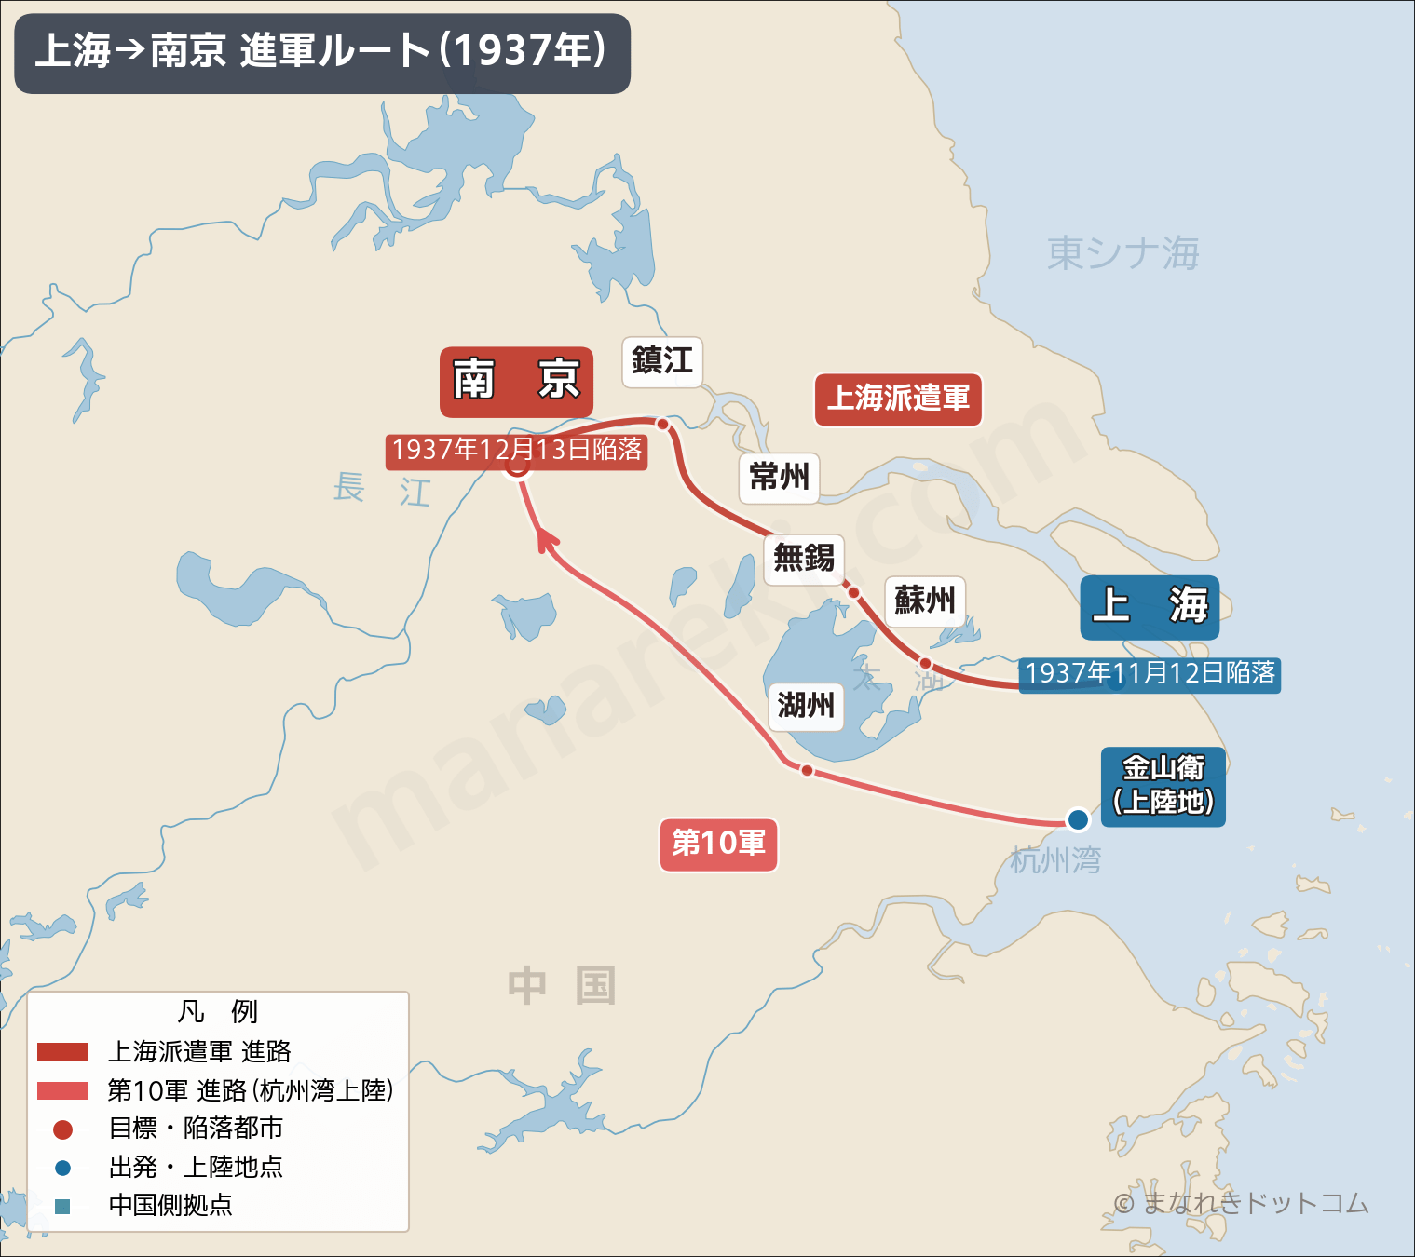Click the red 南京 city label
(x=516, y=381)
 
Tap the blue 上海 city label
(x=1150, y=607)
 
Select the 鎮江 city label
(x=662, y=361)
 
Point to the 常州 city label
(x=779, y=478)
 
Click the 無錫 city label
(x=804, y=559)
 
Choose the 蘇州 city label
(x=924, y=601)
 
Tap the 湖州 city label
(x=806, y=706)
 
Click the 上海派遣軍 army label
(x=898, y=399)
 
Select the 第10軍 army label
(x=718, y=845)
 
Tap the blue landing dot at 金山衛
(x=1078, y=819)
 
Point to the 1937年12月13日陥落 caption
(x=517, y=451)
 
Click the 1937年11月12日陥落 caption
(x=1150, y=673)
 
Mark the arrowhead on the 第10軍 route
(x=545, y=538)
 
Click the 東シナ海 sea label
(x=1122, y=253)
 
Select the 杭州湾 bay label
(x=1055, y=860)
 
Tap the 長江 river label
(x=382, y=489)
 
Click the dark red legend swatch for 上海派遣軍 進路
(x=62, y=1052)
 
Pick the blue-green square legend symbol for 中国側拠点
(x=62, y=1206)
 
